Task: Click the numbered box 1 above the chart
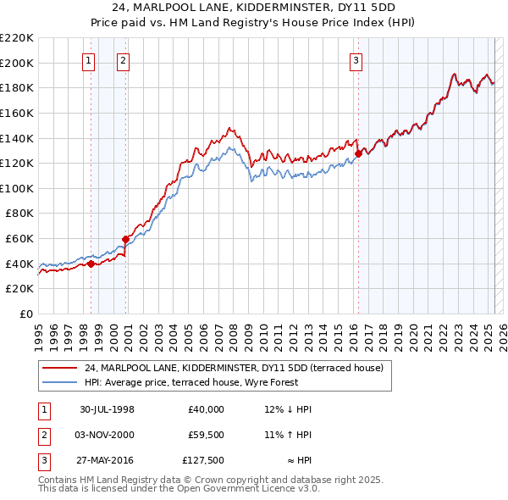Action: [x=89, y=60]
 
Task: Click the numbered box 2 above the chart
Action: [x=123, y=60]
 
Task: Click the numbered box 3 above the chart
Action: [x=356, y=60]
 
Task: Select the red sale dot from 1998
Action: [x=91, y=264]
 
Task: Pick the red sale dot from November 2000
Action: [x=125, y=239]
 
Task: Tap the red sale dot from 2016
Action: [x=358, y=153]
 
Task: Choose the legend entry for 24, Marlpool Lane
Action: [x=234, y=369]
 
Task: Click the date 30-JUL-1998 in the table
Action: [x=107, y=409]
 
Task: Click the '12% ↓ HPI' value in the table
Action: [x=288, y=409]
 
